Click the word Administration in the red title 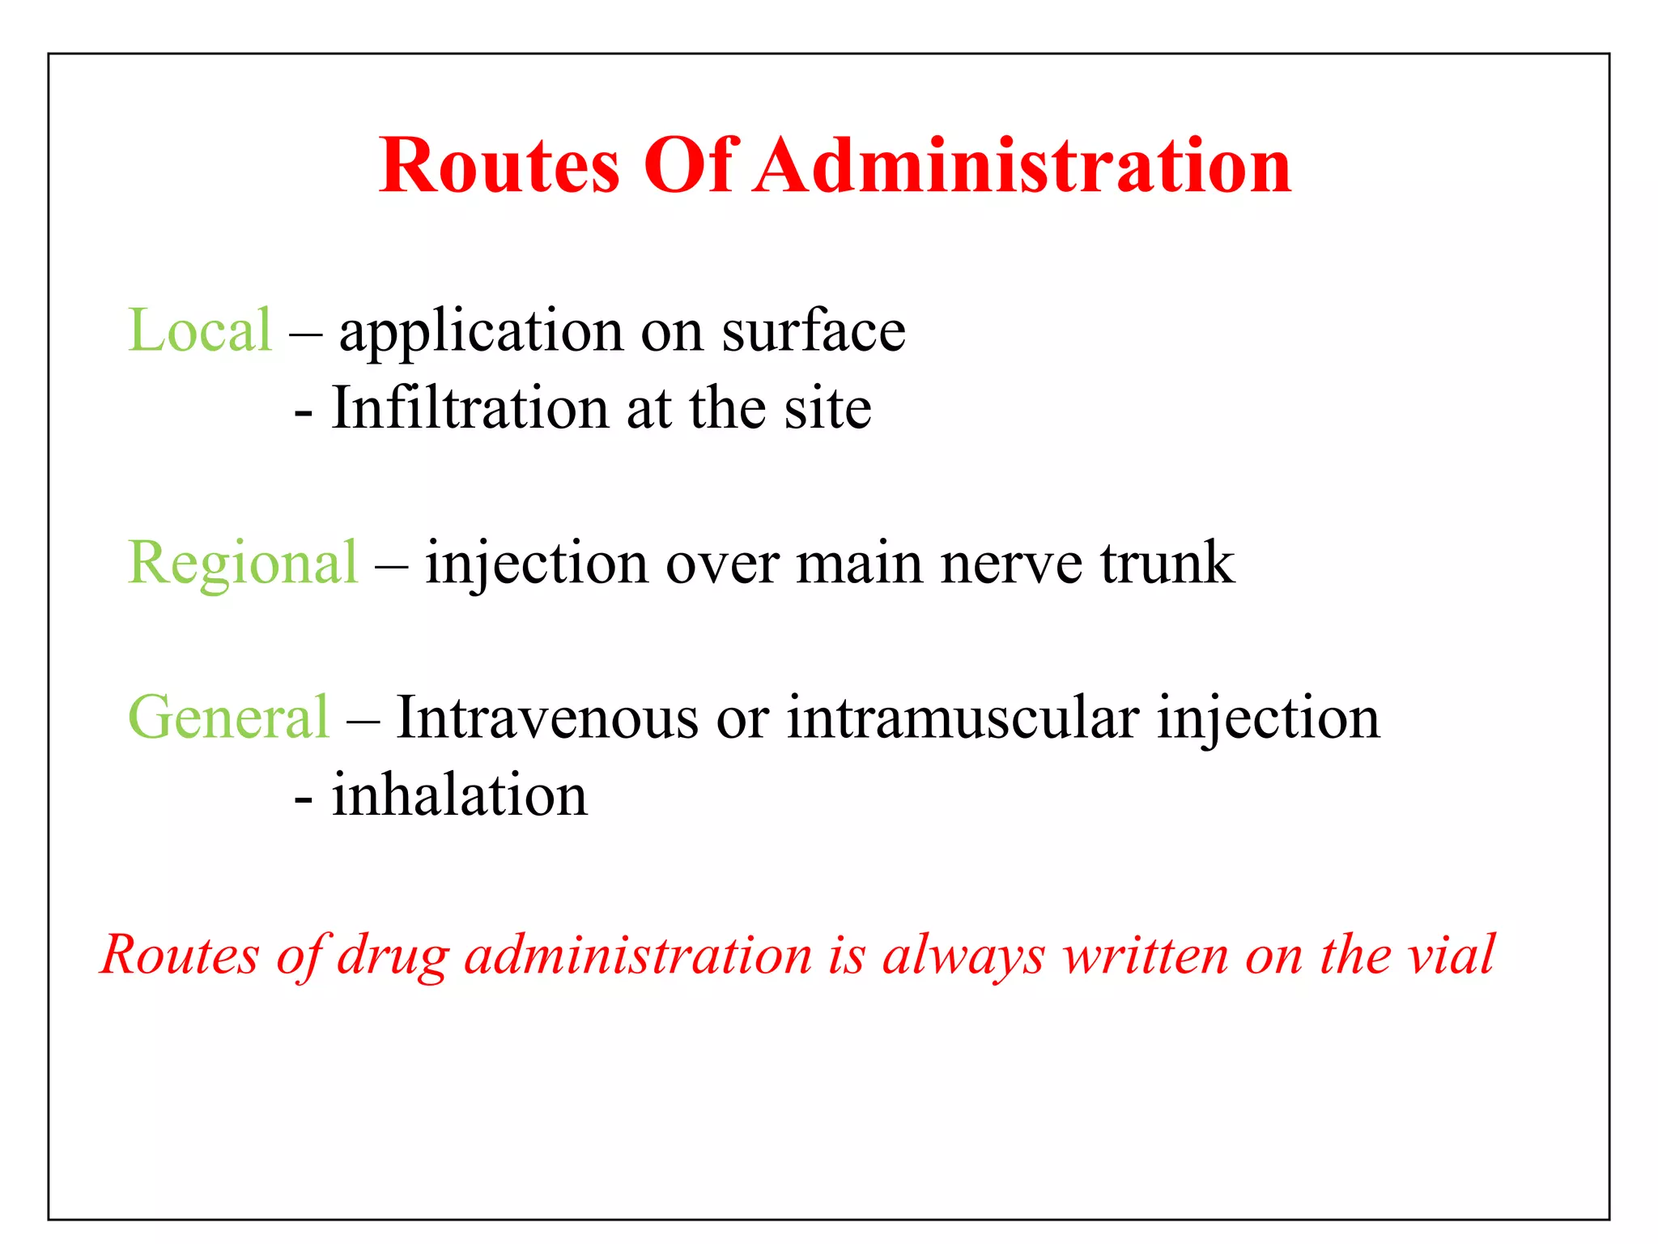tap(1022, 166)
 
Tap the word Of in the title tap(689, 166)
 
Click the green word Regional tap(242, 563)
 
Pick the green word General tap(229, 718)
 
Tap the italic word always tap(963, 956)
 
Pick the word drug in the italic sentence tap(393, 956)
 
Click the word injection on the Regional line tap(537, 564)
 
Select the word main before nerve tap(859, 564)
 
